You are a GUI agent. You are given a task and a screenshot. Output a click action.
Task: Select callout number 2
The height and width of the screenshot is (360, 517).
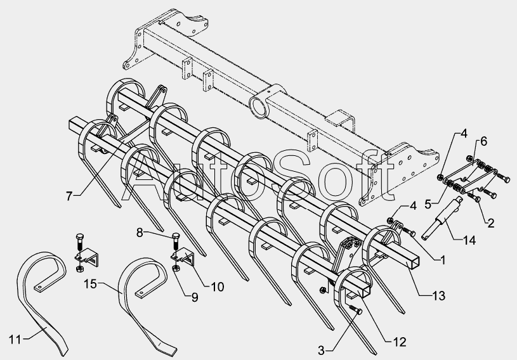coord(490,223)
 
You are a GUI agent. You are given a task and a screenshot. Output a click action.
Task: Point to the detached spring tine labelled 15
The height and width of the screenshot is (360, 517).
coord(143,298)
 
